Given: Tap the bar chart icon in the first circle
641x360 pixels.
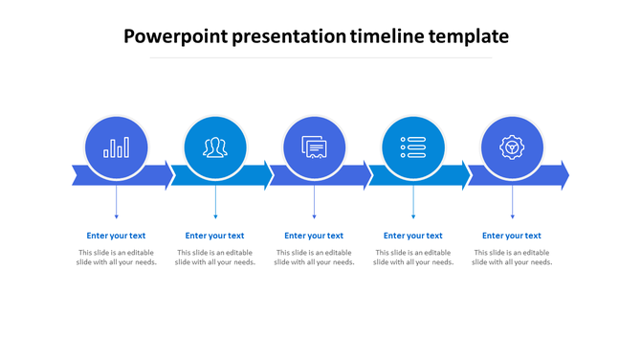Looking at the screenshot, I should pyautogui.click(x=117, y=147).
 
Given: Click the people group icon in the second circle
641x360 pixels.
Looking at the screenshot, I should pyautogui.click(x=215, y=147).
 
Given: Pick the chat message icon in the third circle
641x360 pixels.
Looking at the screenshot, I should pyautogui.click(x=315, y=147).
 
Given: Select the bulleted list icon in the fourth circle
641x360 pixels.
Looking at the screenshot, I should pyautogui.click(x=413, y=147).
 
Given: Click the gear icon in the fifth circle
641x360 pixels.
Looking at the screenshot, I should pyautogui.click(x=512, y=147).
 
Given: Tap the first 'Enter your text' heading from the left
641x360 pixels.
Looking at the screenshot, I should pyautogui.click(x=116, y=236).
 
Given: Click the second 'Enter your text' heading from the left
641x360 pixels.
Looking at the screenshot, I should pyautogui.click(x=215, y=236).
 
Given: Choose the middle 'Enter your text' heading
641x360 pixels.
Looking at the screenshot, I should pyautogui.click(x=314, y=236).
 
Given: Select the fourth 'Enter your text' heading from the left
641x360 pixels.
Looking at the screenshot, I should pyautogui.click(x=413, y=236).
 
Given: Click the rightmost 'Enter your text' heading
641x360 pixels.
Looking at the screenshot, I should pyautogui.click(x=512, y=236).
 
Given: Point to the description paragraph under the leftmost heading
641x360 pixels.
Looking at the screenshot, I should pyautogui.click(x=116, y=258).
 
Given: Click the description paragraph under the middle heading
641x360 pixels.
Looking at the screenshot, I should pyautogui.click(x=314, y=258).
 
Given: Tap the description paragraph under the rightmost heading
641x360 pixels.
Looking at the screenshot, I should pyautogui.click(x=512, y=258).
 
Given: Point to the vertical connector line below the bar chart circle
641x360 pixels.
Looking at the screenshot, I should pyautogui.click(x=117, y=203).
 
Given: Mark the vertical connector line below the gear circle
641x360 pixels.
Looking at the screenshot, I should pyautogui.click(x=512, y=203).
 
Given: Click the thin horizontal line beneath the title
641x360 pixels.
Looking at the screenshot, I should pyautogui.click(x=320, y=57).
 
